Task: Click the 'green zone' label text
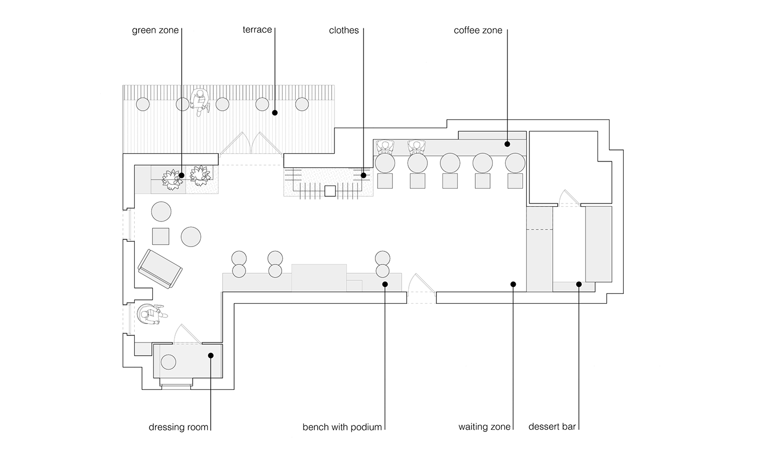(x=155, y=31)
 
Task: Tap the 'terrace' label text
(x=257, y=29)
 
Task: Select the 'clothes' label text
(x=344, y=31)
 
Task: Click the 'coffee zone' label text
(x=478, y=31)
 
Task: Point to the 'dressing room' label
(x=178, y=427)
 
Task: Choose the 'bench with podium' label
(x=342, y=427)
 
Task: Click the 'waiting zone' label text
(x=485, y=427)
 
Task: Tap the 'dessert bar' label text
(x=553, y=427)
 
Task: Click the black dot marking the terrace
(x=275, y=113)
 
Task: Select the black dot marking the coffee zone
(x=507, y=145)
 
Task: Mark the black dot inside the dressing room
(x=211, y=355)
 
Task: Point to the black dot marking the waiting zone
(x=513, y=284)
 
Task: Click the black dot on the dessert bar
(x=578, y=284)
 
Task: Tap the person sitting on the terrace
(x=200, y=102)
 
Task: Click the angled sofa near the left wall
(x=159, y=269)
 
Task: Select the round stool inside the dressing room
(x=169, y=362)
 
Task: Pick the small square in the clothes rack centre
(x=329, y=191)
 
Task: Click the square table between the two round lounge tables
(x=160, y=236)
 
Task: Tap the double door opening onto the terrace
(x=251, y=144)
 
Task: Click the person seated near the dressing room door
(x=150, y=315)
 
